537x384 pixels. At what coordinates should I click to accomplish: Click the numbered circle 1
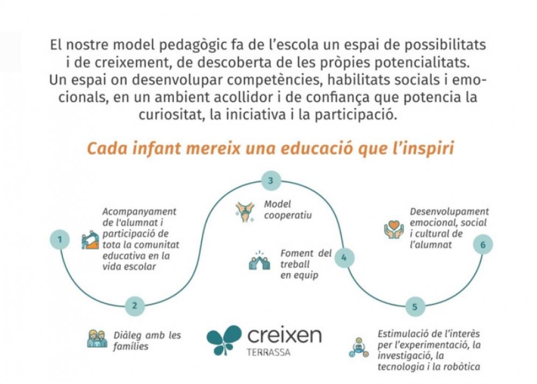(x=60, y=239)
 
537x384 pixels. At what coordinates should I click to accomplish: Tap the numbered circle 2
(x=135, y=306)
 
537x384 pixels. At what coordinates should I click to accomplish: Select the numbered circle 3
(x=271, y=180)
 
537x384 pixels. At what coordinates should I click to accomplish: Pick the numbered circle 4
(x=344, y=258)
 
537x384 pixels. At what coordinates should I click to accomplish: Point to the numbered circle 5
(x=415, y=307)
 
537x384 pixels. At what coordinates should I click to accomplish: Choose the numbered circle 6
(x=483, y=244)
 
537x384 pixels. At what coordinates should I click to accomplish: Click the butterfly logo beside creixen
(x=224, y=339)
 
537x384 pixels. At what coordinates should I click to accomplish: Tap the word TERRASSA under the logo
(x=268, y=352)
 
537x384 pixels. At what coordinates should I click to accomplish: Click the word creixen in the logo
(x=284, y=335)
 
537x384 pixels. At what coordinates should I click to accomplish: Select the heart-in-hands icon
(x=394, y=229)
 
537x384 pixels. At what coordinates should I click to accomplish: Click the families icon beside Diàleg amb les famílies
(x=97, y=339)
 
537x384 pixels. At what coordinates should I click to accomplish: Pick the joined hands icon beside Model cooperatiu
(x=245, y=212)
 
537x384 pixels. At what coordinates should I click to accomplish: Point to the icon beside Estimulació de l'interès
(x=359, y=347)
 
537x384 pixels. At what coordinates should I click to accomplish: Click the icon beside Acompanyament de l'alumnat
(x=90, y=240)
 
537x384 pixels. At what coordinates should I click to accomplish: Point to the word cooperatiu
(x=288, y=215)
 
